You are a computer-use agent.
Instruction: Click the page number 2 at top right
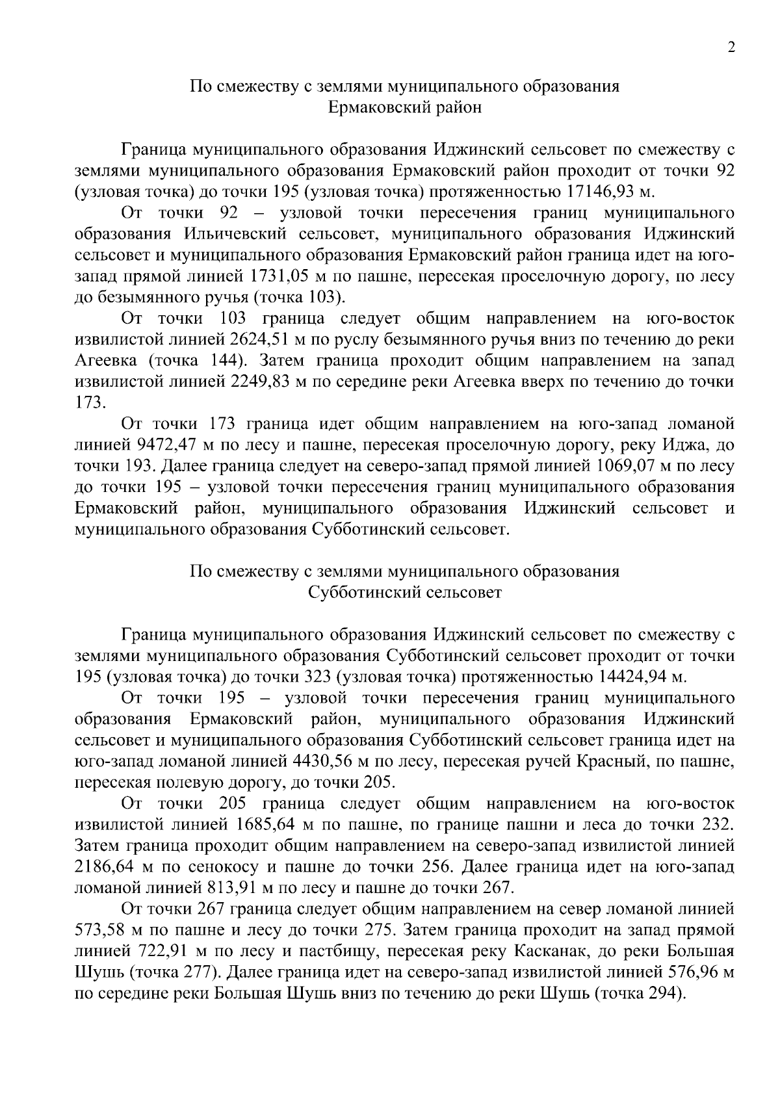coord(731,48)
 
